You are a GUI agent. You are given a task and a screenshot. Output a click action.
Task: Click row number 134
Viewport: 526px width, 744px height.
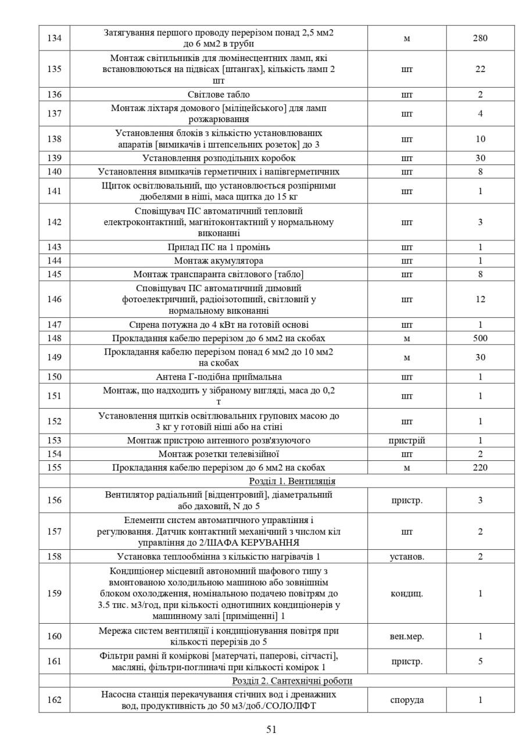(x=54, y=38)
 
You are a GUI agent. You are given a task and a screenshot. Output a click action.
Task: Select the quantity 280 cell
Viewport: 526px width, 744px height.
(x=480, y=38)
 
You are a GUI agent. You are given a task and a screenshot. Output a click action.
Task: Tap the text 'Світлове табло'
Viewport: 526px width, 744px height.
(x=219, y=94)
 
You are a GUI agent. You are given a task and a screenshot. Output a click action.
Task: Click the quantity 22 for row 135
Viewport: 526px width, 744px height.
(x=480, y=69)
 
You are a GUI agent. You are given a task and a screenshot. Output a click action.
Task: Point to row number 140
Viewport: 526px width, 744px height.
(x=54, y=171)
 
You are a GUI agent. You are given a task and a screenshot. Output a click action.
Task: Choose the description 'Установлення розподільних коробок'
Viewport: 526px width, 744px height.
(x=219, y=158)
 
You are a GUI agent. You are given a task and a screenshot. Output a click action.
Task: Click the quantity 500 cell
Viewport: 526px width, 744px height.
(x=480, y=338)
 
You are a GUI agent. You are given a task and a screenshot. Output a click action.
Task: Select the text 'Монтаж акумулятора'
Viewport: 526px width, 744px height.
(x=219, y=260)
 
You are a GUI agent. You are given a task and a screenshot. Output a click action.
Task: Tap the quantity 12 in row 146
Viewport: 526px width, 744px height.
(x=480, y=299)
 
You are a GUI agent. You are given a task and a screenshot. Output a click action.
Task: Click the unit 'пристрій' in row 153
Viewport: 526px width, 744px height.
(x=406, y=441)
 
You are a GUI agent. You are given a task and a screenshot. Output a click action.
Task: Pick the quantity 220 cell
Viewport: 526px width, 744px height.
(x=480, y=467)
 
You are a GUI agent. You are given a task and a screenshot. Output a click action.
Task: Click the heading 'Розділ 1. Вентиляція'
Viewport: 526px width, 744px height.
(x=292, y=481)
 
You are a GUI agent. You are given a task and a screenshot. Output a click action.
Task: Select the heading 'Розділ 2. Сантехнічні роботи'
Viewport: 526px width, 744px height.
(x=292, y=681)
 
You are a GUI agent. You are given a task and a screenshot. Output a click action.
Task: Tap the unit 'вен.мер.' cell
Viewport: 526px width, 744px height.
(x=406, y=636)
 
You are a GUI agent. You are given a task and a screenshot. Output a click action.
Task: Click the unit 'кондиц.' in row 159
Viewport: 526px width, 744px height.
(x=406, y=593)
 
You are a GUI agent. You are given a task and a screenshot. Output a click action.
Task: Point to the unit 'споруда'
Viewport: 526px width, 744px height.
(x=406, y=700)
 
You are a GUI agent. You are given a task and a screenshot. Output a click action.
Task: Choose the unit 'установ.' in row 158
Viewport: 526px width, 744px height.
(x=406, y=557)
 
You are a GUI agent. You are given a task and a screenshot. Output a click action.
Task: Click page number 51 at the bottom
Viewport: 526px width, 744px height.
(x=271, y=729)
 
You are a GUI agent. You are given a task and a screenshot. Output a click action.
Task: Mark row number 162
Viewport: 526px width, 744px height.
(x=54, y=700)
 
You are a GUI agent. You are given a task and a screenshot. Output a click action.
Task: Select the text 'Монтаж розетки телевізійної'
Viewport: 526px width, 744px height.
(x=219, y=454)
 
